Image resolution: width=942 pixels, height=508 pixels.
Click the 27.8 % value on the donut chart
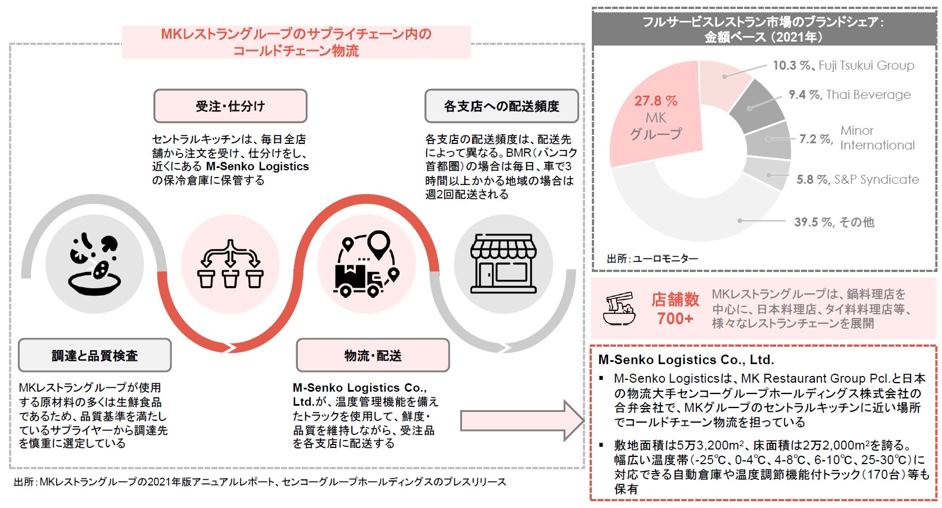[x=655, y=101]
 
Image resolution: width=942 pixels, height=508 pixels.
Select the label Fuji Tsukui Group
[x=866, y=65]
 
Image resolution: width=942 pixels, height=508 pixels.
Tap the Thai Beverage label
[x=868, y=94]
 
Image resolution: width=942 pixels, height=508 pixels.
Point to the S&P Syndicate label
[x=876, y=180]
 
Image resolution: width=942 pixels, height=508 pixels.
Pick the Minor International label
[x=877, y=138]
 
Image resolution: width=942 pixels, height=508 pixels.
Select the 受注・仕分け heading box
[x=230, y=106]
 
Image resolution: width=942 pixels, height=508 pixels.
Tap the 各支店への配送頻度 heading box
[x=501, y=106]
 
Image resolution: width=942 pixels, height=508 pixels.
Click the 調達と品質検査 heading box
[x=94, y=355]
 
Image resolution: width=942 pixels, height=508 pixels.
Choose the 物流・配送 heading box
[x=373, y=355]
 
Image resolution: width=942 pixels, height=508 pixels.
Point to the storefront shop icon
[x=503, y=264]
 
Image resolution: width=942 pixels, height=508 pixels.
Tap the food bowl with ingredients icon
[x=94, y=264]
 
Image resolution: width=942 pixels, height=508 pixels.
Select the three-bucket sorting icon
[x=230, y=264]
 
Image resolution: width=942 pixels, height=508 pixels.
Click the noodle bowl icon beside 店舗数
[x=619, y=309]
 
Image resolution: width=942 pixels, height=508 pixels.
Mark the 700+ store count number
[x=675, y=319]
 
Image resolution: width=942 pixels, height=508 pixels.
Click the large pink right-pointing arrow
[x=522, y=420]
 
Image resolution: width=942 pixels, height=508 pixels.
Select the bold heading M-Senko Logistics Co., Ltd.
[x=686, y=360]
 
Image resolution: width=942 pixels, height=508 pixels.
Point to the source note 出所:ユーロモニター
[x=652, y=258]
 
